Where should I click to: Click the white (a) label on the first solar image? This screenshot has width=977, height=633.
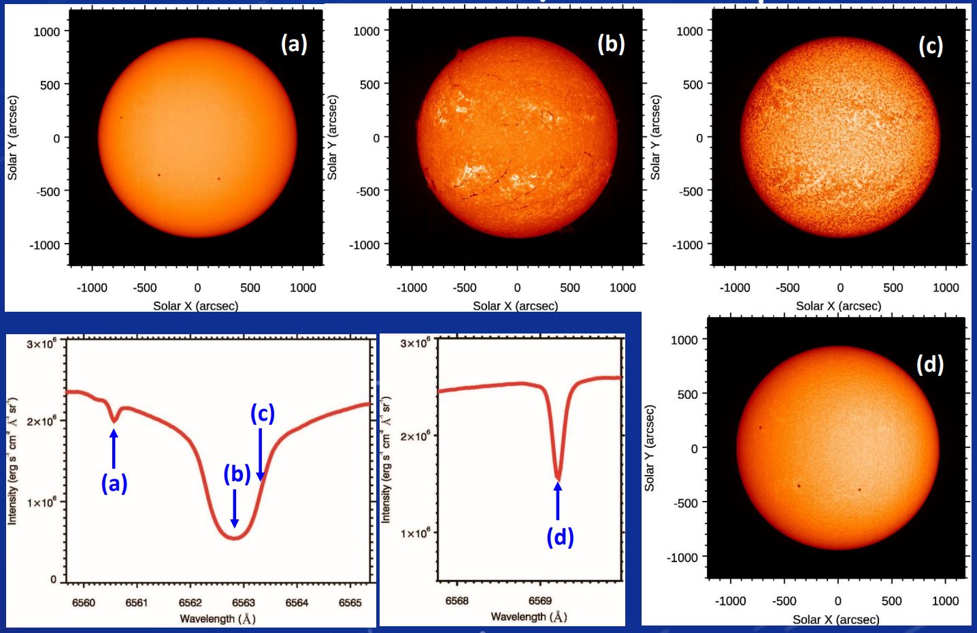point(294,44)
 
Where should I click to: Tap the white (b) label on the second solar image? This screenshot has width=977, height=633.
point(611,44)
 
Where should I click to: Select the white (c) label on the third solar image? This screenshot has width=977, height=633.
point(930,46)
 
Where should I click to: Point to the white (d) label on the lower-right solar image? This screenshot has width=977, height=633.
point(929,364)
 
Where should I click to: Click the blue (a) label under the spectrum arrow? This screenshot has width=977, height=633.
point(114,483)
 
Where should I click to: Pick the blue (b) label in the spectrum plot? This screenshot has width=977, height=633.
point(237,473)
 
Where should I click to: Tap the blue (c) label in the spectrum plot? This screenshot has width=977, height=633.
point(263,413)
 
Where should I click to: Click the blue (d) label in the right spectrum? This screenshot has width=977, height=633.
point(560,537)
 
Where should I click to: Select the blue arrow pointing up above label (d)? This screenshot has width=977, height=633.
point(558,501)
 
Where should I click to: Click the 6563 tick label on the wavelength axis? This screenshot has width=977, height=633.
point(243,602)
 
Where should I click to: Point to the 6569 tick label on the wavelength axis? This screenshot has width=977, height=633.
point(540,601)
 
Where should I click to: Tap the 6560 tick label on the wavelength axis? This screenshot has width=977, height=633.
point(84,602)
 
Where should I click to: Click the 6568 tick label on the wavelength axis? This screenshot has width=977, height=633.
point(457,601)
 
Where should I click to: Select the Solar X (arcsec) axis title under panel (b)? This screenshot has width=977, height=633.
point(515,306)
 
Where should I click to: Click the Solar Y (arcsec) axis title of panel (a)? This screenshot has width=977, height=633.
point(12,137)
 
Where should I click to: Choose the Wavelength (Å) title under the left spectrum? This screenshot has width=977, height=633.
point(217,618)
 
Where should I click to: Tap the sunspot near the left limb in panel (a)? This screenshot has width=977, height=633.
point(122,118)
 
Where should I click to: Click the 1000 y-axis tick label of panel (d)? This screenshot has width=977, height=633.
point(684,340)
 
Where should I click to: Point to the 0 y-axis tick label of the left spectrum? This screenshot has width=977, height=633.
point(53,579)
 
